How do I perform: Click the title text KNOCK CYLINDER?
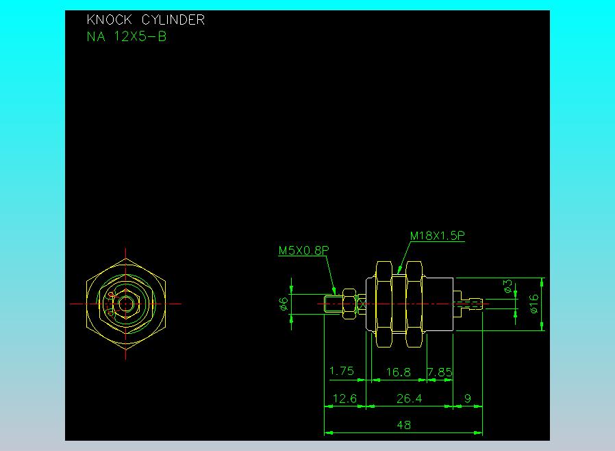click(145, 20)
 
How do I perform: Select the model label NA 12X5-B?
click(127, 37)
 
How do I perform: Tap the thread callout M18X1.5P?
click(438, 236)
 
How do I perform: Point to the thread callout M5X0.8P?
click(303, 251)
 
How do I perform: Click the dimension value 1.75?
click(342, 371)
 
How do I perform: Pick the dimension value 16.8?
click(398, 372)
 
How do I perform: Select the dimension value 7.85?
click(440, 372)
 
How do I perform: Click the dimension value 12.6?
click(344, 398)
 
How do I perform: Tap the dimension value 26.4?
click(410, 398)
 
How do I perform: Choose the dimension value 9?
click(467, 398)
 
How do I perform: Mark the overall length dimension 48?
click(404, 425)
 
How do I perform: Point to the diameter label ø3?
click(507, 287)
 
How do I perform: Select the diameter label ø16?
click(535, 302)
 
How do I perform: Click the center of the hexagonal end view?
click(125, 303)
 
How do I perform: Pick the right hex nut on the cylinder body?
click(414, 303)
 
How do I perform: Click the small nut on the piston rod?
click(349, 303)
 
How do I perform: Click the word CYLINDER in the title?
click(173, 20)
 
